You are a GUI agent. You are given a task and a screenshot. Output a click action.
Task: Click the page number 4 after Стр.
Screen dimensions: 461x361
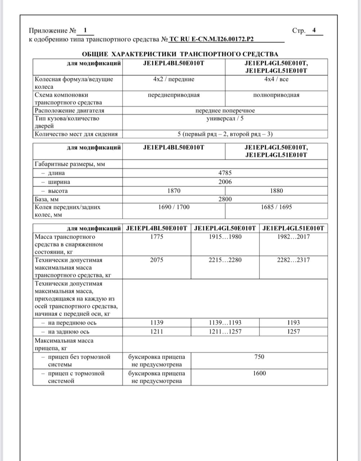[314, 30]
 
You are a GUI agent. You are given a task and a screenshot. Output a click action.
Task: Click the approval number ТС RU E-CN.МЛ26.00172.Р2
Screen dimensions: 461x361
[213, 39]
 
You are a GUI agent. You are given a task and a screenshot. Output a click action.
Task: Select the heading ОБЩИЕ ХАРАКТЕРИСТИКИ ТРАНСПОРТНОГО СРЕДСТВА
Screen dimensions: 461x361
[180, 54]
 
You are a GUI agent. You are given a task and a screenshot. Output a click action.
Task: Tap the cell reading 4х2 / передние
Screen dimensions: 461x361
[174, 79]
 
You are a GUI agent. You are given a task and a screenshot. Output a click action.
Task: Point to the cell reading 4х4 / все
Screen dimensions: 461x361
[276, 79]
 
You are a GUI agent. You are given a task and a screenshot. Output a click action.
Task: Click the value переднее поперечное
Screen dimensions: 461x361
[225, 111]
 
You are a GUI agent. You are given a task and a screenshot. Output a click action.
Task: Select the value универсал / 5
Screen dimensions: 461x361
[225, 118]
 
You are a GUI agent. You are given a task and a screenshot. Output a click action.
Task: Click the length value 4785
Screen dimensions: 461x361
[225, 173]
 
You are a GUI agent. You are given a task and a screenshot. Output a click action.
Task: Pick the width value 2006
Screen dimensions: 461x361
[225, 182]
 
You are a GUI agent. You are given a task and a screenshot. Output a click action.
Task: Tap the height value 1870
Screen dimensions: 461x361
[174, 191]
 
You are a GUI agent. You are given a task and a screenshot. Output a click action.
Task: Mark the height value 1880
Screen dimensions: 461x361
[276, 191]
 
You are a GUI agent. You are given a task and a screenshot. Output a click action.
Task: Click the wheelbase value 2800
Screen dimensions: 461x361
[225, 199]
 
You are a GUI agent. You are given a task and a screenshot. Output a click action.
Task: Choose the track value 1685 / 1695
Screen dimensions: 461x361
[276, 207]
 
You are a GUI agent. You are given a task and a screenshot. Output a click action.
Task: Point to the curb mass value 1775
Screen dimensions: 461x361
[156, 237]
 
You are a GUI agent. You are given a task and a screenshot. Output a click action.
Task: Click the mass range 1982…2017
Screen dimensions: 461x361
[293, 237]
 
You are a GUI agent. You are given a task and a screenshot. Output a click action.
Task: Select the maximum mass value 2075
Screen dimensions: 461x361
[156, 260]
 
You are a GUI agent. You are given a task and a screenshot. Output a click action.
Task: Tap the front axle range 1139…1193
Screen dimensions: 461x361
[225, 323]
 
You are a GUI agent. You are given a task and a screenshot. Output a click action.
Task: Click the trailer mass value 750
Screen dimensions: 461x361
[259, 357]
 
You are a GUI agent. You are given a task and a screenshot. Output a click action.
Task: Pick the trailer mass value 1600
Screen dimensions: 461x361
[259, 373]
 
